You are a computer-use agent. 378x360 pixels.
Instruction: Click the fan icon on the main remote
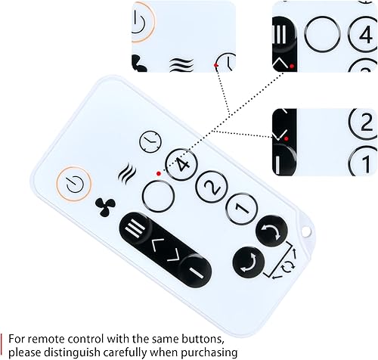[x=105, y=207]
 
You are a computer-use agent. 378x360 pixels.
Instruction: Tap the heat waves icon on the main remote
[x=127, y=172]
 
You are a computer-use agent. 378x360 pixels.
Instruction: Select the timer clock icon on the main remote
[x=150, y=142]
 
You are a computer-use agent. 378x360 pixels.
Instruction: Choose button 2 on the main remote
[x=212, y=187]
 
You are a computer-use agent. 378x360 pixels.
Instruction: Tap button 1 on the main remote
[x=242, y=208]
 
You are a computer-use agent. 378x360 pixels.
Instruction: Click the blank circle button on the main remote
[x=158, y=196]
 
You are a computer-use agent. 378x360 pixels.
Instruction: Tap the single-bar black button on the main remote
[x=194, y=271]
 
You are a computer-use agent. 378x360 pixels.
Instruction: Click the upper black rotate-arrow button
[x=271, y=231]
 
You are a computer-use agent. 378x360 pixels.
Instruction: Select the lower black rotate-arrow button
[x=249, y=262]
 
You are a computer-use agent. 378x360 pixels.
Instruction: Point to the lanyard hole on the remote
[x=306, y=231]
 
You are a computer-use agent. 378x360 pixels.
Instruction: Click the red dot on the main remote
[x=159, y=173]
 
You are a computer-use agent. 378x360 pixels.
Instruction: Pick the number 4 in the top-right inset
[x=366, y=35]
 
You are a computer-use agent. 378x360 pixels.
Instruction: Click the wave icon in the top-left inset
[x=181, y=65]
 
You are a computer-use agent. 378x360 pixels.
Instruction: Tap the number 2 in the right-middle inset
[x=367, y=123]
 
